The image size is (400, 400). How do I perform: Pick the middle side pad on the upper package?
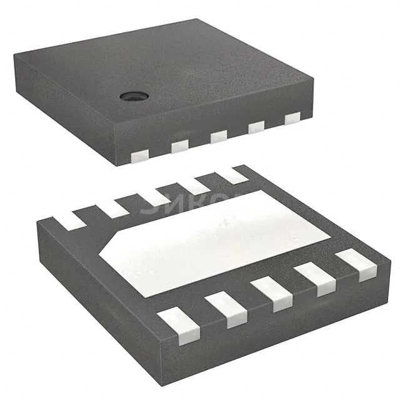tap(218, 136)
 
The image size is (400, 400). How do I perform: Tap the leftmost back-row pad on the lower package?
tap(69, 219)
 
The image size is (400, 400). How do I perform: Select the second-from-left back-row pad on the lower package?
tap(112, 207)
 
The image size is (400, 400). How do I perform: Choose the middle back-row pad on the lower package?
tap(154, 196)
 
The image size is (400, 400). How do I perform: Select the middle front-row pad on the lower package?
tap(272, 292)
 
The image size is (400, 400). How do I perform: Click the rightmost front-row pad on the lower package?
tap(357, 264)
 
